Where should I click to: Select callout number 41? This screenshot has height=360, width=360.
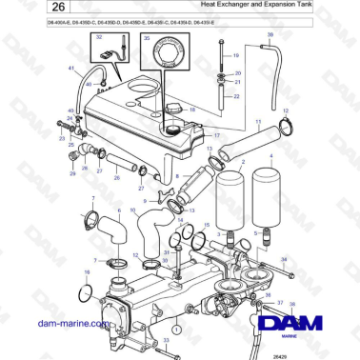[70, 70]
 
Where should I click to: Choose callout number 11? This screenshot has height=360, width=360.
[257, 122]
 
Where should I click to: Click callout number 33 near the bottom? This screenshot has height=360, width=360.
[167, 339]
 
